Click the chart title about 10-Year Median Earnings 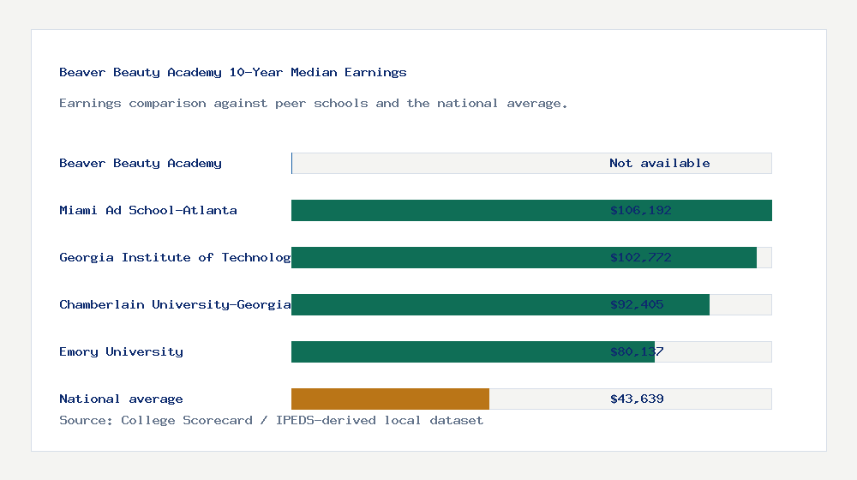click(x=232, y=73)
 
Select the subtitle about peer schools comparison click(x=313, y=104)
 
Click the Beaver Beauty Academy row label click(x=141, y=164)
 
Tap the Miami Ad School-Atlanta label click(x=148, y=211)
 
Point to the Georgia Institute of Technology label click(x=175, y=258)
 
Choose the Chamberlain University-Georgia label click(x=175, y=305)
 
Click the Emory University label click(x=121, y=352)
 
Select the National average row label click(x=121, y=399)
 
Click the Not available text click(x=659, y=164)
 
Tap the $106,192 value click(x=640, y=211)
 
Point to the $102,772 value click(x=640, y=258)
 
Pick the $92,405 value click(x=637, y=305)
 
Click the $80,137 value click(x=637, y=352)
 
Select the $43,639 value click(x=637, y=399)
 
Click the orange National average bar click(x=390, y=399)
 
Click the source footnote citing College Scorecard click(x=271, y=421)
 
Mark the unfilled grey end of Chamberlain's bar click(x=740, y=305)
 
